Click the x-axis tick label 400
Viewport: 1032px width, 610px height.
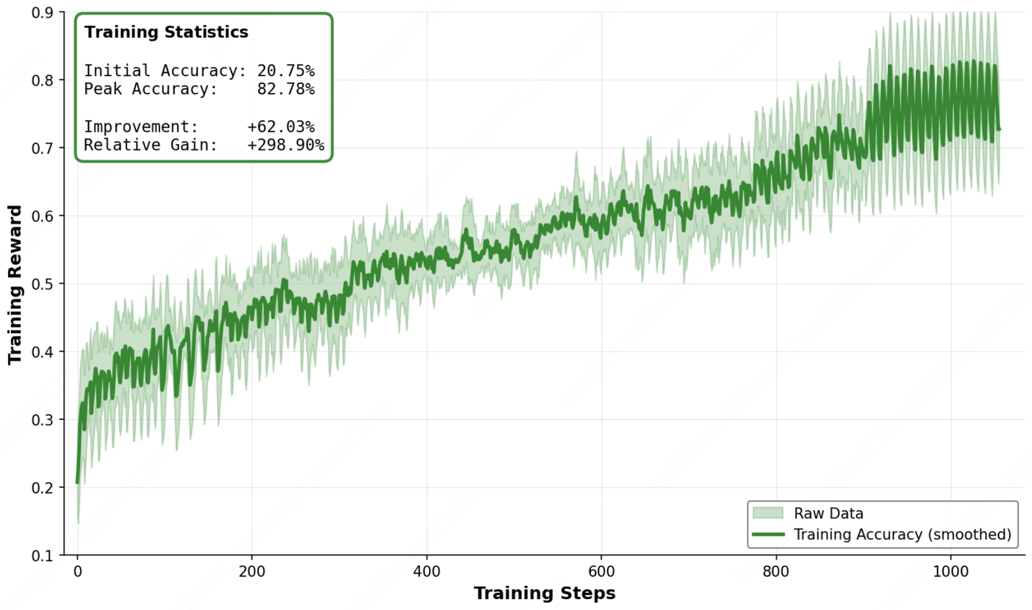(x=426, y=572)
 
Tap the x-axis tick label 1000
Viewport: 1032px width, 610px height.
(x=950, y=572)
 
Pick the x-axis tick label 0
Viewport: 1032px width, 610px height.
(x=77, y=572)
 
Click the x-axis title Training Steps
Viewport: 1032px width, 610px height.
(x=544, y=594)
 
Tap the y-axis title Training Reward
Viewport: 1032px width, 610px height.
(x=15, y=285)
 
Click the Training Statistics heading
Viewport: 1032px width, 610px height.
(x=166, y=32)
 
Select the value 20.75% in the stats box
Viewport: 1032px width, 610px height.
(x=286, y=71)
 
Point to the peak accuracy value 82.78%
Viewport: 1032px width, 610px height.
(x=286, y=89)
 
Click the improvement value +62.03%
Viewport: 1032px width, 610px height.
(x=281, y=127)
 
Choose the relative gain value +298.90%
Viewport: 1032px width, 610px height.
(x=286, y=145)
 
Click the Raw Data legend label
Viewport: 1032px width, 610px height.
(x=828, y=513)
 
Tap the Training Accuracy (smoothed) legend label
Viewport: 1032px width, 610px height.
(x=902, y=535)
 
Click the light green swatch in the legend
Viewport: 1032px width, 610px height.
(x=768, y=513)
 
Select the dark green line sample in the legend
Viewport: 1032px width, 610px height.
(x=768, y=535)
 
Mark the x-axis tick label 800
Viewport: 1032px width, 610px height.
(x=776, y=572)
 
